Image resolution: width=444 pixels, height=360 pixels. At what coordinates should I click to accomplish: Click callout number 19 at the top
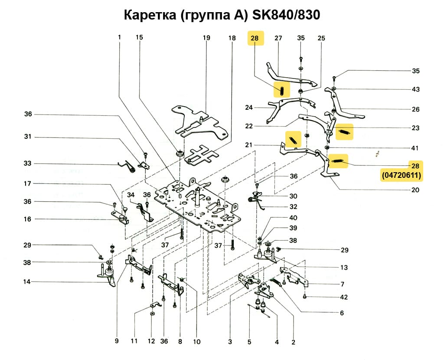tap(206, 38)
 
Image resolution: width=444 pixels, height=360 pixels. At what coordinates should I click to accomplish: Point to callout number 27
tap(278, 38)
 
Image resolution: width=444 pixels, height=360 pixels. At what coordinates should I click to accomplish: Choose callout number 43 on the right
tap(415, 89)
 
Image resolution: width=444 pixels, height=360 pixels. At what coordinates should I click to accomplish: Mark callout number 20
tap(415, 190)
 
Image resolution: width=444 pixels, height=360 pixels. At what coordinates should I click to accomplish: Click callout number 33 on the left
tap(27, 164)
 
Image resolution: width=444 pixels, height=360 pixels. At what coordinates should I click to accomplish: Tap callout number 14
tap(27, 282)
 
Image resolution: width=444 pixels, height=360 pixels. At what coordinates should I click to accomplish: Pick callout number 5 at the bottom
tap(249, 342)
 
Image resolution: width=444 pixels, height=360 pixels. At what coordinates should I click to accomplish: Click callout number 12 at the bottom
tap(151, 341)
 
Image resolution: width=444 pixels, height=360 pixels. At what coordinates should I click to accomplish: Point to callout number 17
tap(27, 184)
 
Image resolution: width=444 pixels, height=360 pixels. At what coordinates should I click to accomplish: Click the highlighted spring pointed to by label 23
tap(345, 131)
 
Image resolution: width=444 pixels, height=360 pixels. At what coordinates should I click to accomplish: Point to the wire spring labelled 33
tap(128, 165)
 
